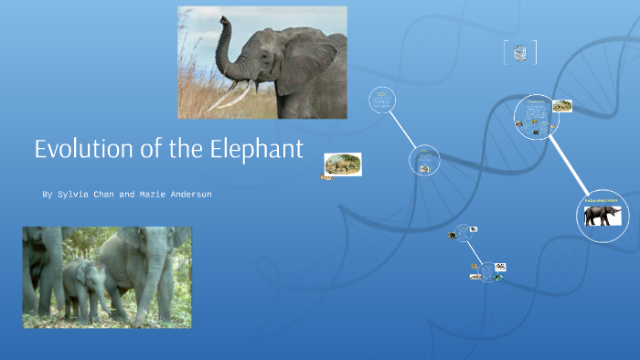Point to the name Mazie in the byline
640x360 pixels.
coord(142,195)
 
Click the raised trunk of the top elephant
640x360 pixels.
coord(225,46)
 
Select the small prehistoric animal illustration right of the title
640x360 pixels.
coord(343,164)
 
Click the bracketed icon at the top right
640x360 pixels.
coord(520,53)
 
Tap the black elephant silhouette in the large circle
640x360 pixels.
coord(603,217)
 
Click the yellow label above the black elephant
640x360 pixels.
coord(601,199)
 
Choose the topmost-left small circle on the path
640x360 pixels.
coord(382,101)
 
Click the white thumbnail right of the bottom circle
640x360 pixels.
coord(501,267)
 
